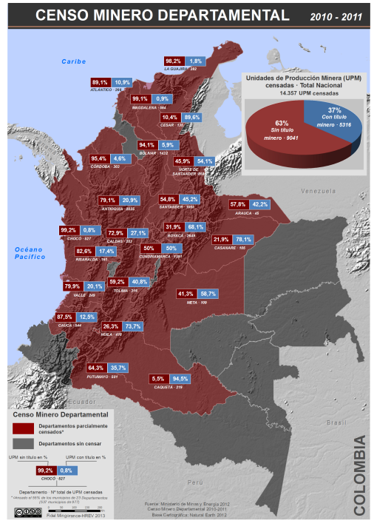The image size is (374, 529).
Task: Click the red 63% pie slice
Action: pyautogui.click(x=285, y=133)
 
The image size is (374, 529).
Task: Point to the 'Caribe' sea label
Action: pyautogui.click(x=75, y=61)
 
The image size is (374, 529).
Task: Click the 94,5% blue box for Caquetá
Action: pyautogui.click(x=180, y=379)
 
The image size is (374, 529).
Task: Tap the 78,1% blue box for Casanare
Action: pyautogui.click(x=242, y=240)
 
